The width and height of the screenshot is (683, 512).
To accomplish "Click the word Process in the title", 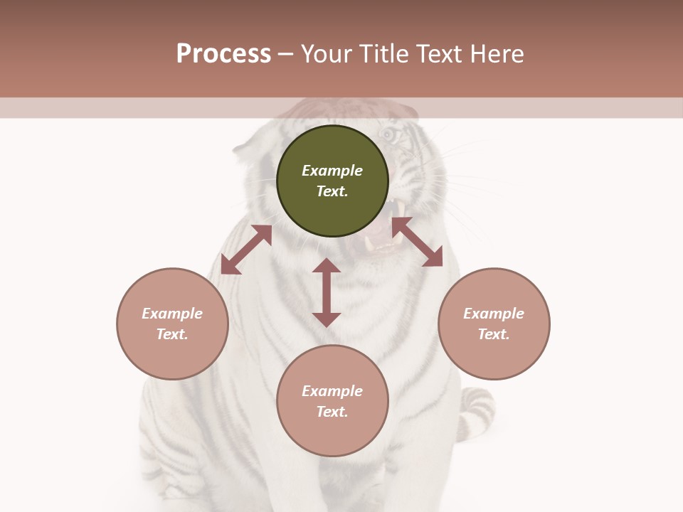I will (x=223, y=54).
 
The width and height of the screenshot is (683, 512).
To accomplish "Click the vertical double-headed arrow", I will (x=327, y=292).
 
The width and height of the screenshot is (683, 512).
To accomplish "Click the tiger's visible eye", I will (x=388, y=134).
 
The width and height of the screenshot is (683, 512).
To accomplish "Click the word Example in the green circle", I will (x=332, y=171).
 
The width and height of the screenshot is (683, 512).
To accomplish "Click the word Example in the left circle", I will (x=172, y=314).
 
